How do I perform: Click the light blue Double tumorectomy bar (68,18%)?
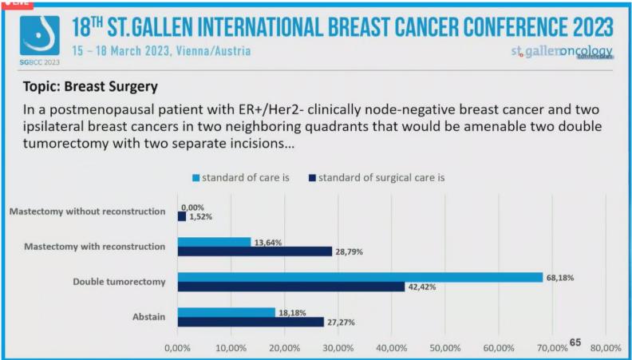pos(359,277)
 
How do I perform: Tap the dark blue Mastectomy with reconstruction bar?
pos(254,251)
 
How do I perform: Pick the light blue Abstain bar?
pos(226,312)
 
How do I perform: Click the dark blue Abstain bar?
pos(251,322)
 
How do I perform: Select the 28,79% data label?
pos(351,251)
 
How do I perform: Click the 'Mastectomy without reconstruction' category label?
pos(88,212)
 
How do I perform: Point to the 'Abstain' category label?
pos(148,317)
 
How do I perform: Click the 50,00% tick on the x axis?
pos(445,348)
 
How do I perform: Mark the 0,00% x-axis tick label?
pos(177,348)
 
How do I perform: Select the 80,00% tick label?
pos(606,348)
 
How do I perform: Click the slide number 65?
pos(575,342)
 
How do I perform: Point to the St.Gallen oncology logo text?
pos(561,51)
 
